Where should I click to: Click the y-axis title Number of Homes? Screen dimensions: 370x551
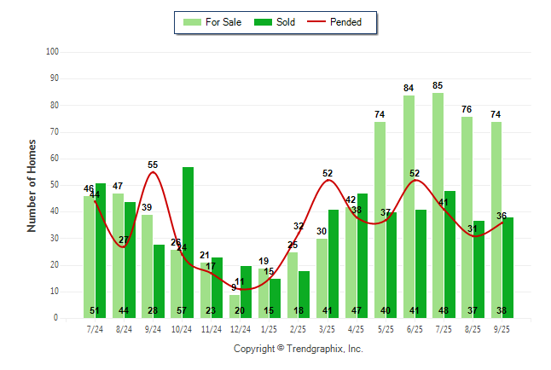[x=32, y=185]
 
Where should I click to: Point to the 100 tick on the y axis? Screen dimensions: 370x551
[x=52, y=52]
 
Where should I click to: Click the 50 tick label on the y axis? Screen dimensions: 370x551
[x=54, y=185]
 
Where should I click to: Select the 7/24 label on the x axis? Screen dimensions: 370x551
[x=95, y=327]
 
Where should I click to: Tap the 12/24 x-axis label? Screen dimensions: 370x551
[x=241, y=327]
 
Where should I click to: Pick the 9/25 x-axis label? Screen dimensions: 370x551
[x=502, y=327]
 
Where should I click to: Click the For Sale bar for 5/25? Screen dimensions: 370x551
[x=380, y=220]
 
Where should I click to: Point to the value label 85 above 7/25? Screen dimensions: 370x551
[x=438, y=85]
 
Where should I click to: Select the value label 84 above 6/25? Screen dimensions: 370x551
[x=409, y=88]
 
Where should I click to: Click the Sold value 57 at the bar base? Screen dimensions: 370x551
[x=182, y=310]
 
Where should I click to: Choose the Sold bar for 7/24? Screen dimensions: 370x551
[x=101, y=247]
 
